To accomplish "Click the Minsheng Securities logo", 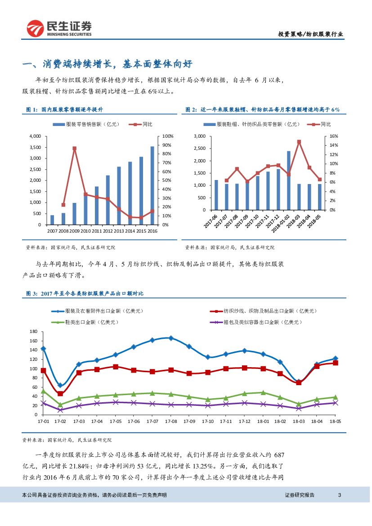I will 59,29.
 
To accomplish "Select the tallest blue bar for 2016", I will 152,185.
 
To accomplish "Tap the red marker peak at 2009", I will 74,148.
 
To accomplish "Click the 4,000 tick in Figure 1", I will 35,136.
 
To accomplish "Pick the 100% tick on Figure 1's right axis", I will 168,136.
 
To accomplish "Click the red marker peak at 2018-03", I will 299,142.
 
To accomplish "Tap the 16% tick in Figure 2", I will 334,136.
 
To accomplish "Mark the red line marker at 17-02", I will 60,394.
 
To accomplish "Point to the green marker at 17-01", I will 43,391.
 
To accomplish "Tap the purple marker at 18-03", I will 299,408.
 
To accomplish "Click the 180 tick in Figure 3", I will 32,332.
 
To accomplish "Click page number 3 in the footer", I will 340,495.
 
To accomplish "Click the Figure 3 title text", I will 85,293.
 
